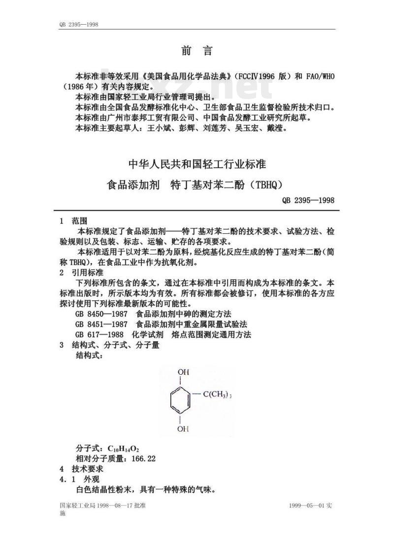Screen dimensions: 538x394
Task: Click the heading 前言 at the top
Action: [196, 50]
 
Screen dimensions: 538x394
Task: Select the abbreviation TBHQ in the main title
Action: [266, 185]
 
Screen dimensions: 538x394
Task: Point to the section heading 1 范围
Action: [73, 221]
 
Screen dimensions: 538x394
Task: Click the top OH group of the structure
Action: [183, 372]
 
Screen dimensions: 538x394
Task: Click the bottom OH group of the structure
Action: [183, 429]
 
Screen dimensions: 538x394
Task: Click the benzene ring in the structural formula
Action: [182, 400]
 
